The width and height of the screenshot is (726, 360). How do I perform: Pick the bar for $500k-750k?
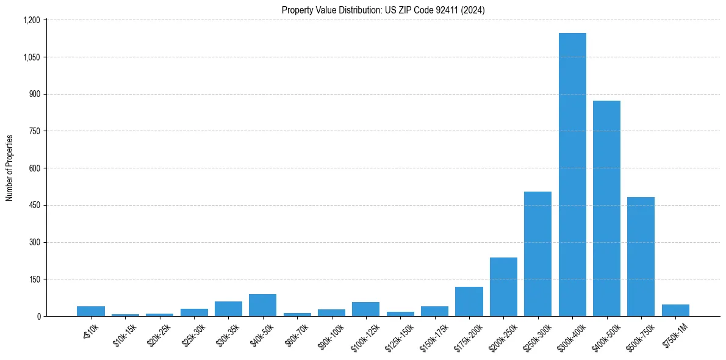pos(641,257)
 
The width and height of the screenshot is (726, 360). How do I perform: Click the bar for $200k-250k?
pos(503,287)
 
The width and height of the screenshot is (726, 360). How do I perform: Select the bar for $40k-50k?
pos(262,305)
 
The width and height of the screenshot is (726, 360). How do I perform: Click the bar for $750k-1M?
pos(675,310)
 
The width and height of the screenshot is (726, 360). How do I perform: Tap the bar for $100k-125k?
pos(365,309)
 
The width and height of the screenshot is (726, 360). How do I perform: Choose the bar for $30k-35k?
pos(228,309)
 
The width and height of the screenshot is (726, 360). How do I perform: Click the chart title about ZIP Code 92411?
pos(383,10)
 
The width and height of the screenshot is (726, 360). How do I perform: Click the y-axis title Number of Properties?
pos(10,168)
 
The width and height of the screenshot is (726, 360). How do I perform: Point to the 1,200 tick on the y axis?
pos(31,20)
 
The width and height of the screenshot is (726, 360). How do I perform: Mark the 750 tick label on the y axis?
pos(34,131)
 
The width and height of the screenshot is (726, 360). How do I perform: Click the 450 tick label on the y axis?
pos(34,205)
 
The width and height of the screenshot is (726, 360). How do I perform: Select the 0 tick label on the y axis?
pos(38,316)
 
